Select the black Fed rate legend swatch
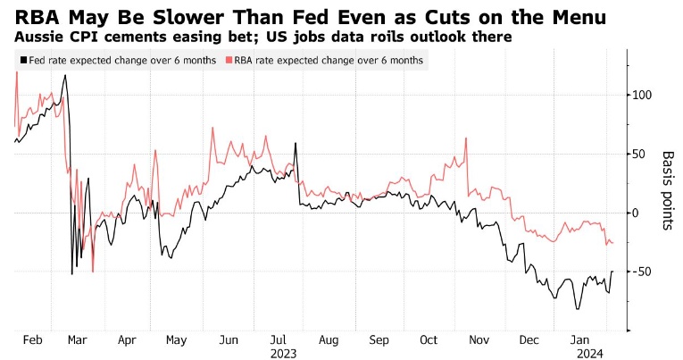click(20, 60)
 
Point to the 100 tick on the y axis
click(641, 96)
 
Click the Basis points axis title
click(667, 189)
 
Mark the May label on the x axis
click(176, 340)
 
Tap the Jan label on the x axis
click(581, 340)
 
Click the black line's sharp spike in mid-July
click(295, 143)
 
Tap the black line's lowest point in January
click(578, 309)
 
